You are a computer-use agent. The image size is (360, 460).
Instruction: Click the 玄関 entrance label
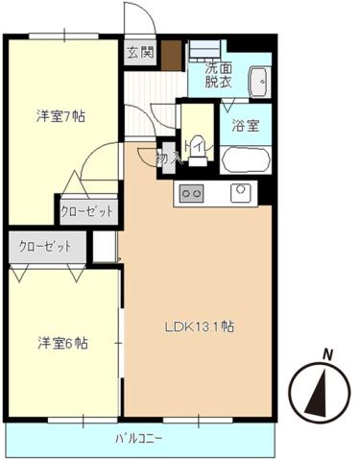click(139, 53)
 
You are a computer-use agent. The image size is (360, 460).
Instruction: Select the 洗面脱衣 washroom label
click(217, 75)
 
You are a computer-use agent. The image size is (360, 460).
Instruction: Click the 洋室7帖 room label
click(61, 116)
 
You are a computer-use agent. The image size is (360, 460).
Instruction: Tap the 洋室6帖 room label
click(61, 342)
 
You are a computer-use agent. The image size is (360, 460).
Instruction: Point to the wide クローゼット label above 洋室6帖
click(46, 247)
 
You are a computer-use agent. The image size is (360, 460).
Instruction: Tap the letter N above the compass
click(326, 354)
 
